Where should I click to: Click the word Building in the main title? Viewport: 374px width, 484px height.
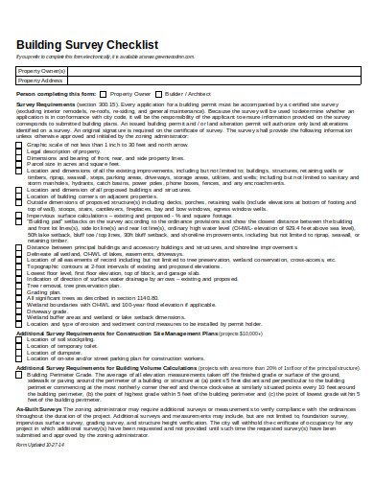pos(45,44)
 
